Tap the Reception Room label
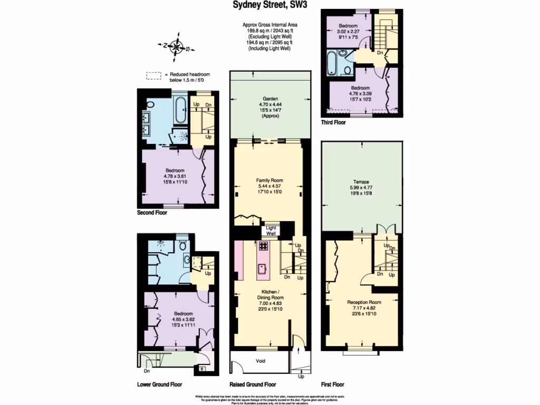click(364, 302)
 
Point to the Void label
click(260, 361)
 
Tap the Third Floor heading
click(333, 122)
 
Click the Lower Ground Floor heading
click(159, 384)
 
